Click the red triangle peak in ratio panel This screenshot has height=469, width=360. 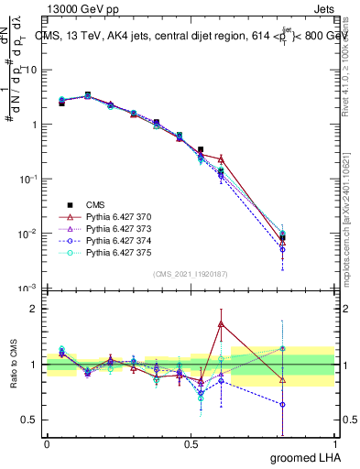[221, 323]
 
